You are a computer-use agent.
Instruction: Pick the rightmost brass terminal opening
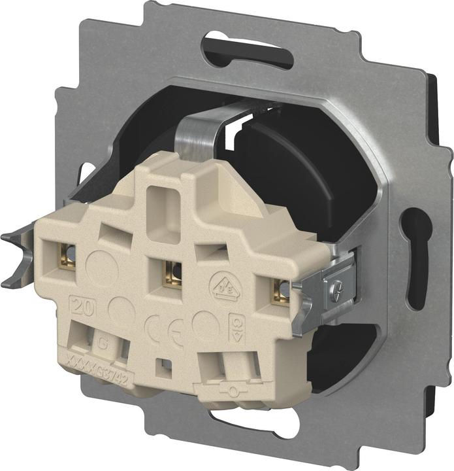coord(281,290)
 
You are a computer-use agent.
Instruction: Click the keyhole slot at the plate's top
coord(248,50)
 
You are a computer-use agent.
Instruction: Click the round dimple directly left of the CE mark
coord(119,307)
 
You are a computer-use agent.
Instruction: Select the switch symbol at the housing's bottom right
coord(226,390)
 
